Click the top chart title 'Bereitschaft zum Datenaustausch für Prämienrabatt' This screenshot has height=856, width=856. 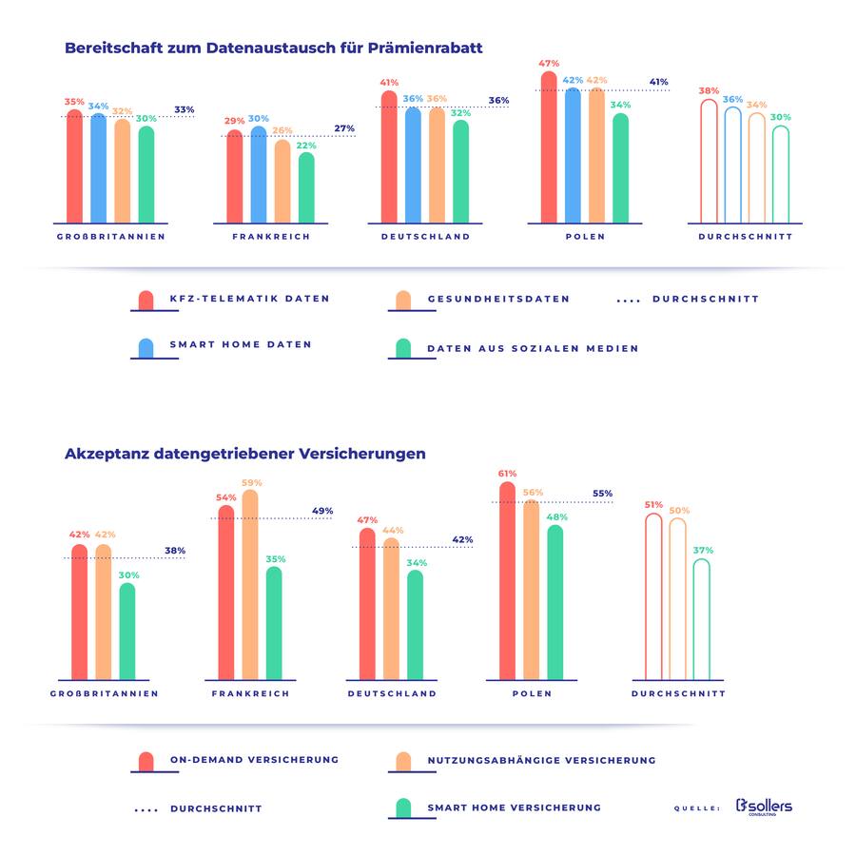273,48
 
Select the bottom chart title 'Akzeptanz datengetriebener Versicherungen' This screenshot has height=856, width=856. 244,454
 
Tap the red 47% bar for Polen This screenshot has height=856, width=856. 549,152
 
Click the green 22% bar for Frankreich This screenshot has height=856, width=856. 306,188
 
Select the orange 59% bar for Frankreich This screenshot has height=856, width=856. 250,585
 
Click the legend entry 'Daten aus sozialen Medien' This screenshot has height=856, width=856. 533,348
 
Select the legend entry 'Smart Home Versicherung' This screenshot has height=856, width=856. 514,807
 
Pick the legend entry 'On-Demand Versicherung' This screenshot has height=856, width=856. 254,760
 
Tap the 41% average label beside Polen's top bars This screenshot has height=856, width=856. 658,82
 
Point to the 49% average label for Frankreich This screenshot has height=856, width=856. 322,511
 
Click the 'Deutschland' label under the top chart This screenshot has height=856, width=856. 425,237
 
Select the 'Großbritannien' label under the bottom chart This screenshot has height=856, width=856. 105,693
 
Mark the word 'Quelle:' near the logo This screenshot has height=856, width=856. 695,808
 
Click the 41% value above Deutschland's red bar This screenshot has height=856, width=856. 390,83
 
